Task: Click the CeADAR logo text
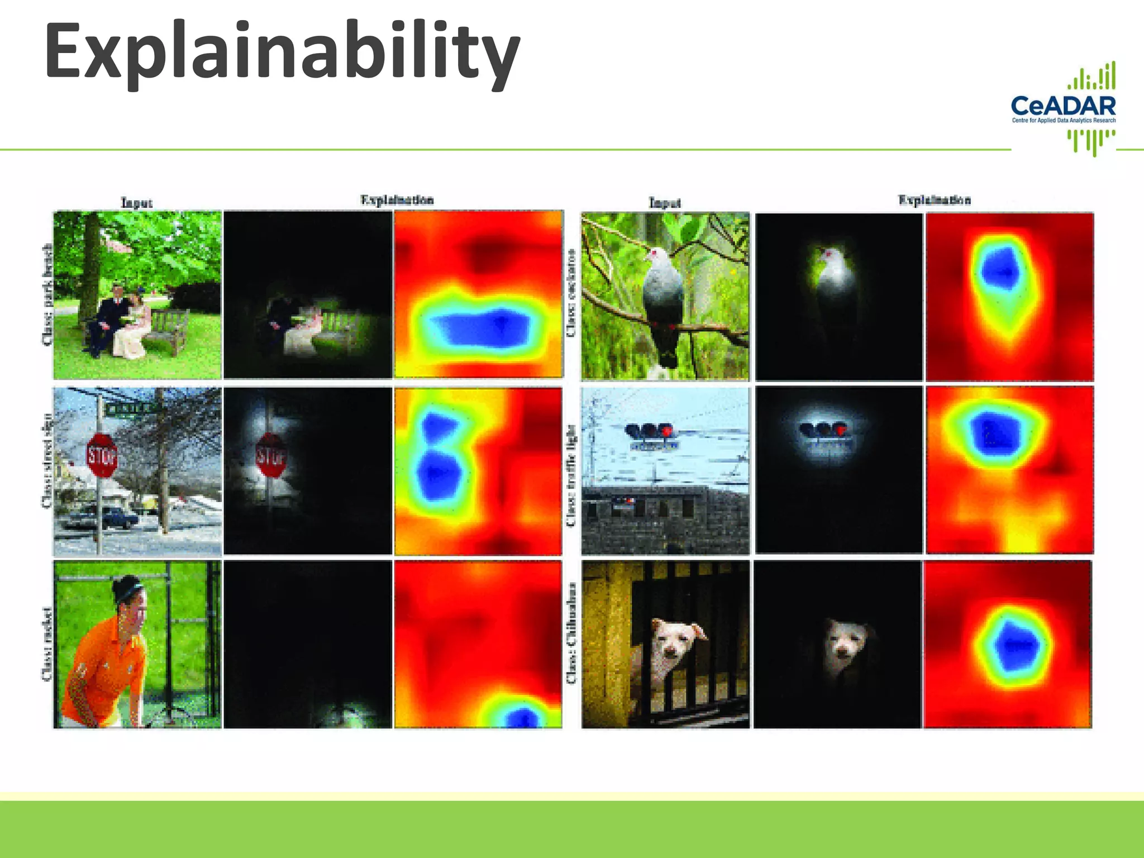click(1063, 106)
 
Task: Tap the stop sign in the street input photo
click(101, 456)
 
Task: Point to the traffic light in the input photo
click(650, 431)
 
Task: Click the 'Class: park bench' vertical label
click(47, 295)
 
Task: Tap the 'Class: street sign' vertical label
click(47, 461)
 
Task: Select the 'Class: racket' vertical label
click(47, 644)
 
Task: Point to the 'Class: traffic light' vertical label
click(570, 475)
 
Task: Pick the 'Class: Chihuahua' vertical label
click(570, 633)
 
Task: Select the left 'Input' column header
click(136, 202)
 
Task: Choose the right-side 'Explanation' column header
click(934, 200)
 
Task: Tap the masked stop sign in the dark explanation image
click(271, 456)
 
